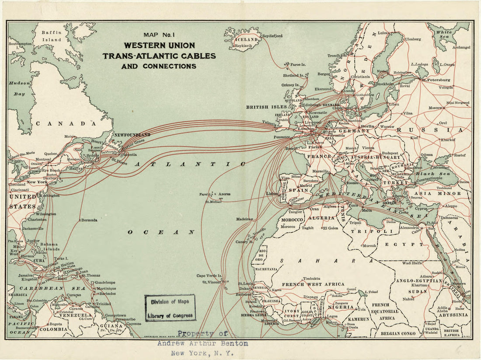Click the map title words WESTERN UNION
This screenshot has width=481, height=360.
click(159, 45)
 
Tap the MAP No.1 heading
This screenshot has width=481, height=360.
click(159, 35)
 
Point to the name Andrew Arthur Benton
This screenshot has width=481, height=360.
click(202, 344)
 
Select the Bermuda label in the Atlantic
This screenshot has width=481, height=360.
click(89, 220)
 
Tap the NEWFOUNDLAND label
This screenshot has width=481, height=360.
click(132, 135)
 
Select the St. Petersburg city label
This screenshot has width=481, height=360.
click(436, 80)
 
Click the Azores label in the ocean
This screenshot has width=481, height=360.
click(225, 194)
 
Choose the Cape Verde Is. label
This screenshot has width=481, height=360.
click(209, 276)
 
